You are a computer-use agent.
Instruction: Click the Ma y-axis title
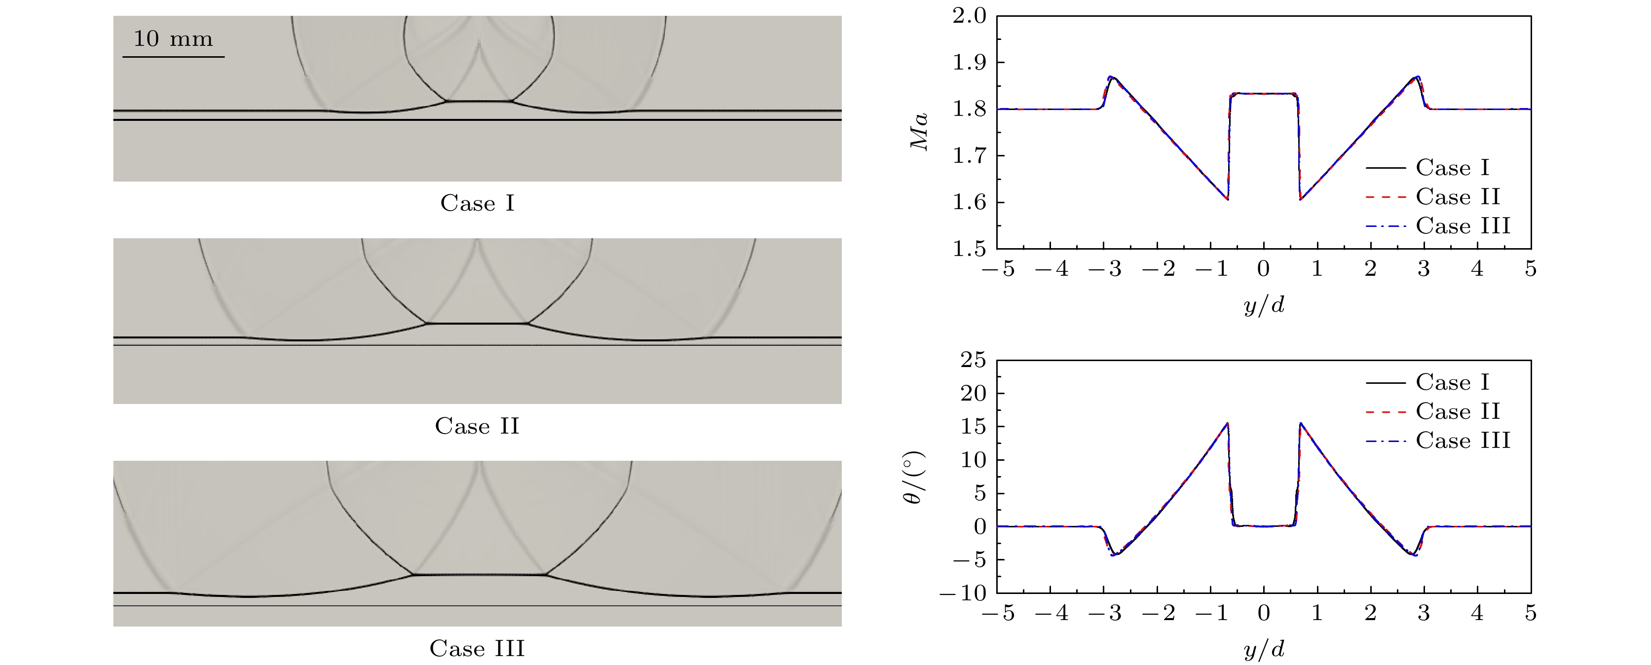click(x=920, y=132)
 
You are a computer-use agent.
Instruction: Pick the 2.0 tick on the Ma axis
click(x=969, y=16)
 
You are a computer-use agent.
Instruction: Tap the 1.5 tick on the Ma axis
click(x=969, y=249)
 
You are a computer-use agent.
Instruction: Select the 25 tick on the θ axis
click(x=973, y=360)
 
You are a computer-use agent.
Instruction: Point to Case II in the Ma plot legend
click(x=1458, y=197)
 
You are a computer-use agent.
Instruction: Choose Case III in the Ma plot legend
click(x=1463, y=225)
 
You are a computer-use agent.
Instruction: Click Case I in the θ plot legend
click(x=1452, y=382)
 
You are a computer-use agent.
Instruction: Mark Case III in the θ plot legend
click(x=1463, y=440)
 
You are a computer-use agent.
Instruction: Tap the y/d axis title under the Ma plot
click(x=1264, y=305)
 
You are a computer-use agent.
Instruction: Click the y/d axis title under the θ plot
click(x=1264, y=650)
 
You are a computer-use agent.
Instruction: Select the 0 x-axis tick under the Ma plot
click(x=1263, y=269)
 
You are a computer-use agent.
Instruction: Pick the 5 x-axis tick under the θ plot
click(x=1531, y=613)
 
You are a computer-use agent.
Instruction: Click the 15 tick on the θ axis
click(x=973, y=427)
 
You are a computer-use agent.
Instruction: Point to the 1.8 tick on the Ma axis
click(x=969, y=109)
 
